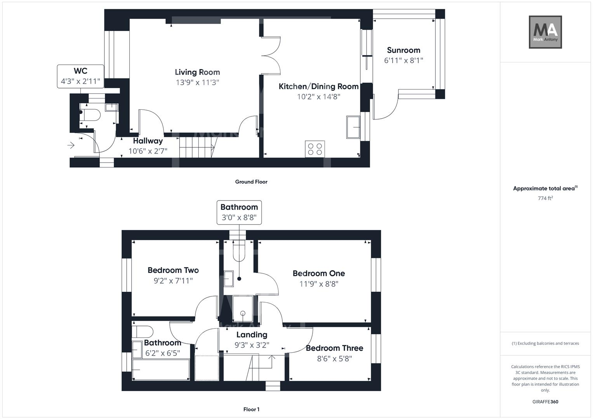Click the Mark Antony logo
point(545,32)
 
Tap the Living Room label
point(197,72)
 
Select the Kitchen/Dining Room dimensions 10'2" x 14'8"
point(318,97)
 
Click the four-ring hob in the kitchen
point(315,149)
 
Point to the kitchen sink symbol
point(353,127)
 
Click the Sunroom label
point(403,50)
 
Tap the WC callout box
point(80,76)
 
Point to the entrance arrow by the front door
point(71,145)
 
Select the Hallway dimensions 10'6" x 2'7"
point(148,151)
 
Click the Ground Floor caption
point(251,182)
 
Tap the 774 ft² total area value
point(545,198)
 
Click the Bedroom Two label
point(173,270)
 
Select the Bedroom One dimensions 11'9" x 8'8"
point(318,284)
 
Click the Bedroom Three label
point(334,348)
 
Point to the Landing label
point(252,334)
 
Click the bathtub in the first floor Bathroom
point(161,370)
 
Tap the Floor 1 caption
point(251,409)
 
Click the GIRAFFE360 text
point(545,402)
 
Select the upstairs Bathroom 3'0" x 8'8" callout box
point(239,212)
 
